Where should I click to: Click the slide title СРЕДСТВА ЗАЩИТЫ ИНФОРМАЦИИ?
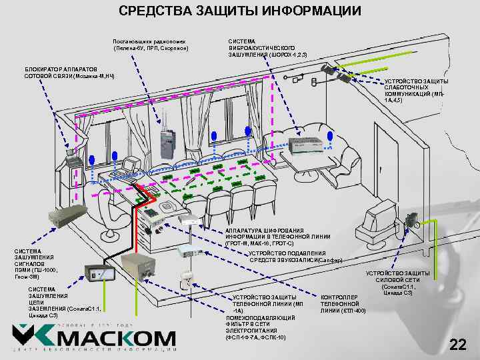point(240,11)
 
